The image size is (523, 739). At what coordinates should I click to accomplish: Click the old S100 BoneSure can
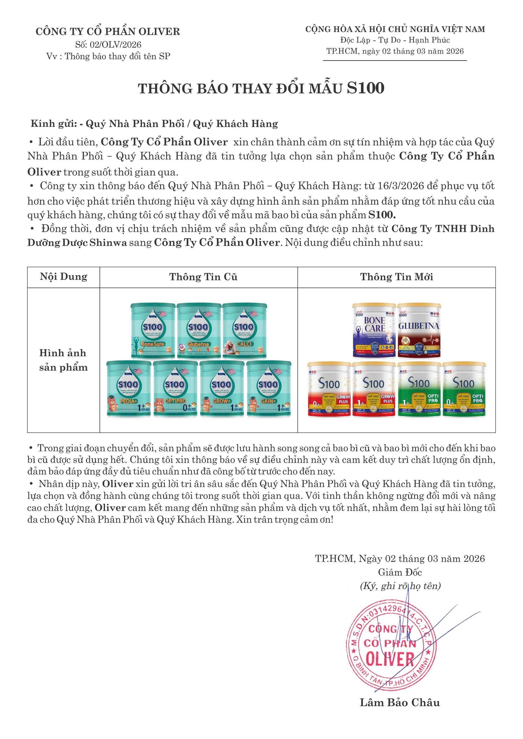tap(153, 331)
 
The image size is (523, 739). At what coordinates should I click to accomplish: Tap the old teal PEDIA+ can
tap(129, 389)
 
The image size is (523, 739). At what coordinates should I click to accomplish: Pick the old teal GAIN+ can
tap(269, 389)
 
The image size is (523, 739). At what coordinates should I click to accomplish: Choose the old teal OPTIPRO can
tap(175, 389)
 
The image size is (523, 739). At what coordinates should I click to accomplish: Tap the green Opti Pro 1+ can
tap(419, 389)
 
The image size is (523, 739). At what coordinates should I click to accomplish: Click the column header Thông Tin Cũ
tap(203, 277)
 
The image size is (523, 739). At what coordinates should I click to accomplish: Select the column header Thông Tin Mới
tap(397, 277)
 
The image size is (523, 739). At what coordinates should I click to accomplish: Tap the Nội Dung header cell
tap(64, 277)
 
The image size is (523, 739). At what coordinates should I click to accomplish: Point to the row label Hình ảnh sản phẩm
tap(64, 360)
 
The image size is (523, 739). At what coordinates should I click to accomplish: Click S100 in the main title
tap(366, 88)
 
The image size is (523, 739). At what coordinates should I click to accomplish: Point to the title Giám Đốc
tap(400, 572)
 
